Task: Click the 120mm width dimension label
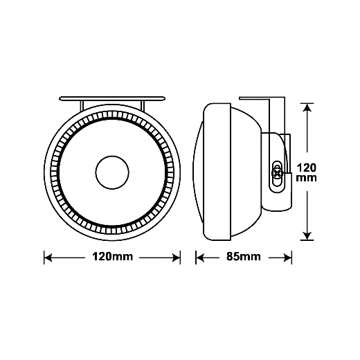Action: [x=113, y=257]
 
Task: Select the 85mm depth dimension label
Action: [x=244, y=257]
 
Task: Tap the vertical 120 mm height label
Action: [x=307, y=172]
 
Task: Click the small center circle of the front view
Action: [x=112, y=172]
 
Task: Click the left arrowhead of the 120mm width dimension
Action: [x=48, y=258]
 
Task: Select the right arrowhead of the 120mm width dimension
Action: [x=177, y=258]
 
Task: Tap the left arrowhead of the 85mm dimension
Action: [x=200, y=258]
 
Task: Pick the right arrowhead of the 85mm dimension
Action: [x=287, y=258]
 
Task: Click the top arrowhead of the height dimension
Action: [x=307, y=107]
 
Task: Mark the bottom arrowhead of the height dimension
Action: [x=307, y=236]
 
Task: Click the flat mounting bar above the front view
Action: [x=112, y=98]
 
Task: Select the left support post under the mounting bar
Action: [x=82, y=106]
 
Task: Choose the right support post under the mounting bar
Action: [x=143, y=105]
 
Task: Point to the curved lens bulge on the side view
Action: [x=197, y=172]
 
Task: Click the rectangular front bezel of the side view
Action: [x=217, y=172]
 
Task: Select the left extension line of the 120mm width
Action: [x=44, y=258]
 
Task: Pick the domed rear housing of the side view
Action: [x=246, y=172]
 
